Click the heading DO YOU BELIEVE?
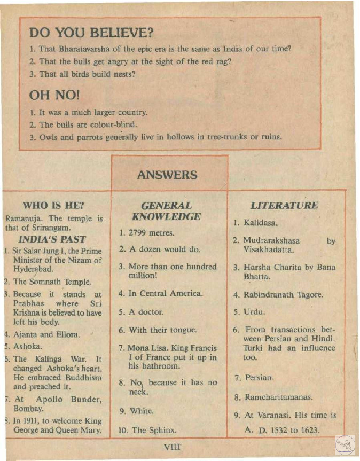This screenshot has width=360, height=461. pyautogui.click(x=91, y=33)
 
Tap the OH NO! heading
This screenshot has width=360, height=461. pyautogui.click(x=54, y=95)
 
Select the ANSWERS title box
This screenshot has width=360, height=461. pyautogui.click(x=167, y=175)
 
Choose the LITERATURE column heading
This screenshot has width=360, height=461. pyautogui.click(x=284, y=206)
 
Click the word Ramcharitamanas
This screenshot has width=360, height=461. pyautogui.click(x=279, y=397)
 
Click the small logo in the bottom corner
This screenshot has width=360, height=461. pyautogui.click(x=345, y=445)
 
